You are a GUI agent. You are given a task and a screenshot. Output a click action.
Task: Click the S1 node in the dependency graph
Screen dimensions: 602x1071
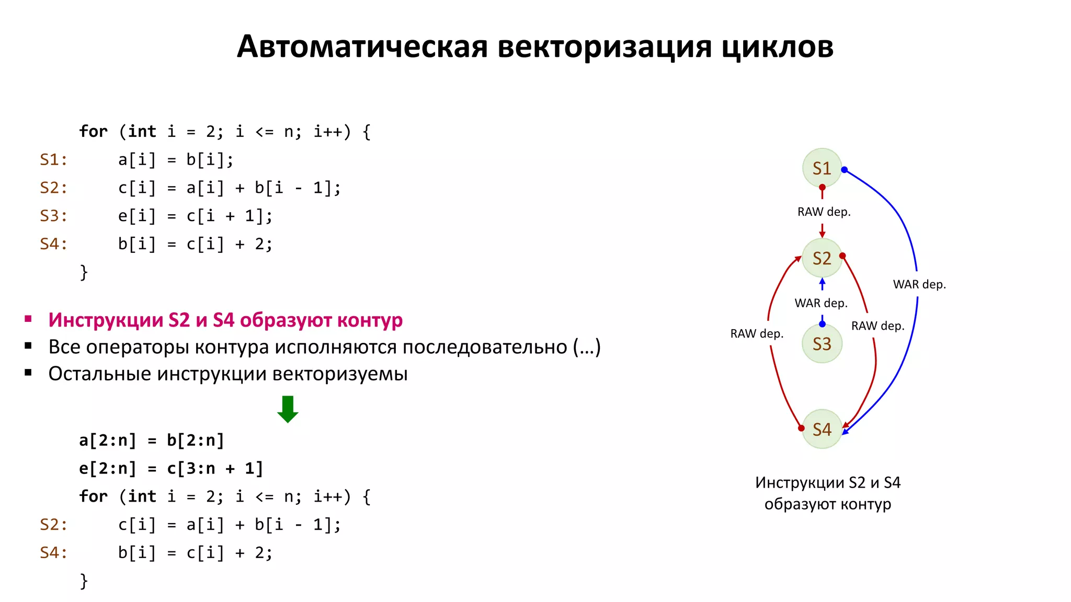pos(822,168)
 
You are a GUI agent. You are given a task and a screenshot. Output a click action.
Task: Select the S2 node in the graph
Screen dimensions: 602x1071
pos(822,258)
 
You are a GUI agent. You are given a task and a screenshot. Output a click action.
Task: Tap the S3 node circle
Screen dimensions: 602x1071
pos(822,344)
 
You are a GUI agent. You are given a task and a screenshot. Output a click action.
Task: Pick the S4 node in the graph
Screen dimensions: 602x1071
pos(822,430)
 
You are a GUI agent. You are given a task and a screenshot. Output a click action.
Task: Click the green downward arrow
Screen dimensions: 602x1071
pos(288,409)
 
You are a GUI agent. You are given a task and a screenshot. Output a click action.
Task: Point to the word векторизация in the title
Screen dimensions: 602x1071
pos(605,47)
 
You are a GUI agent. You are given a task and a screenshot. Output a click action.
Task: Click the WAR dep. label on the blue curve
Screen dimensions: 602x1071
pos(919,285)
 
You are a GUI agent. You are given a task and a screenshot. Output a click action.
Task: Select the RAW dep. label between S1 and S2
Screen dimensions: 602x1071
pos(824,212)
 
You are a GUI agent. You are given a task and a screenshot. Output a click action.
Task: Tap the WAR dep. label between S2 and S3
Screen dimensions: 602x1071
pos(821,304)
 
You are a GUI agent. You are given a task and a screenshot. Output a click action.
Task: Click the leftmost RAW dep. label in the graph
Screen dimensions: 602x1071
pos(757,334)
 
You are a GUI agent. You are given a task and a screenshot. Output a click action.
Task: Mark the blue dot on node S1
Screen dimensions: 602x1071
pos(844,169)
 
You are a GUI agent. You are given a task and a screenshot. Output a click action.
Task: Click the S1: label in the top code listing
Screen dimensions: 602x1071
pos(54,159)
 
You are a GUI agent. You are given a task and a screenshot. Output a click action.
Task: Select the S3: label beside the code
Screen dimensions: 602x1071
pos(54,216)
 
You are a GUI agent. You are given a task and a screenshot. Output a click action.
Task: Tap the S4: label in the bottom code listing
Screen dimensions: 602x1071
pos(54,553)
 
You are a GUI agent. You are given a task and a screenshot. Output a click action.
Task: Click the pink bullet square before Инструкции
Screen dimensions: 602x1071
pos(28,319)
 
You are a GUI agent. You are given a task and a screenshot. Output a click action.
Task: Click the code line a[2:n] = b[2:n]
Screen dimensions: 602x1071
pos(152,441)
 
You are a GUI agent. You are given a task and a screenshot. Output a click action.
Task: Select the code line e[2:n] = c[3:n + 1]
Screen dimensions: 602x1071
pos(171,469)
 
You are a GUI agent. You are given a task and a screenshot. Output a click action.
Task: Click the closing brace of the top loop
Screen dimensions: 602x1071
pos(84,272)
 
